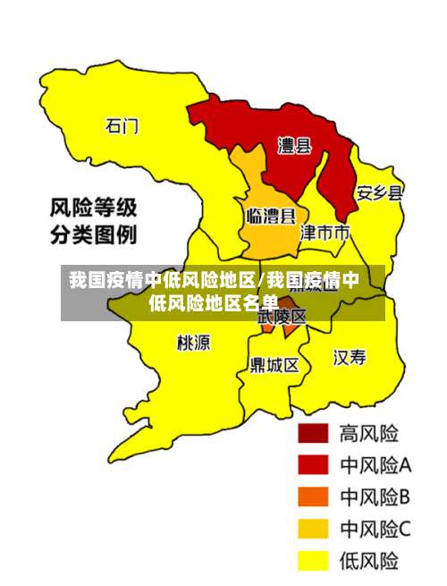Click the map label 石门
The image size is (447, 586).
122,125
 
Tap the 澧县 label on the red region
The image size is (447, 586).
294,145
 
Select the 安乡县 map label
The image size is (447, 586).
380,192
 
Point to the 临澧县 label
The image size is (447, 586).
271,216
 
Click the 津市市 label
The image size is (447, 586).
325,233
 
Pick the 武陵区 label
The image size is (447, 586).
283,316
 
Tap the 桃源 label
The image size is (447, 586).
194,343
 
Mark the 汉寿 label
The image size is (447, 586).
350,358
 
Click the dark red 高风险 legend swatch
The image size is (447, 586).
313,434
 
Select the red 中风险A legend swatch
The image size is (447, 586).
313,465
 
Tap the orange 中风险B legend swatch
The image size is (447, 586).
313,497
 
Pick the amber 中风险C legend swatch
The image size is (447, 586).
313,530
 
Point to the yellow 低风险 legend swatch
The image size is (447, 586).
313,561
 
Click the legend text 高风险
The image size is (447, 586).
368,434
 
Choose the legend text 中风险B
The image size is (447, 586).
375,497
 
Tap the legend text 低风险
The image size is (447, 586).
368,561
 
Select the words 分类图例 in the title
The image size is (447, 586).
92,237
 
